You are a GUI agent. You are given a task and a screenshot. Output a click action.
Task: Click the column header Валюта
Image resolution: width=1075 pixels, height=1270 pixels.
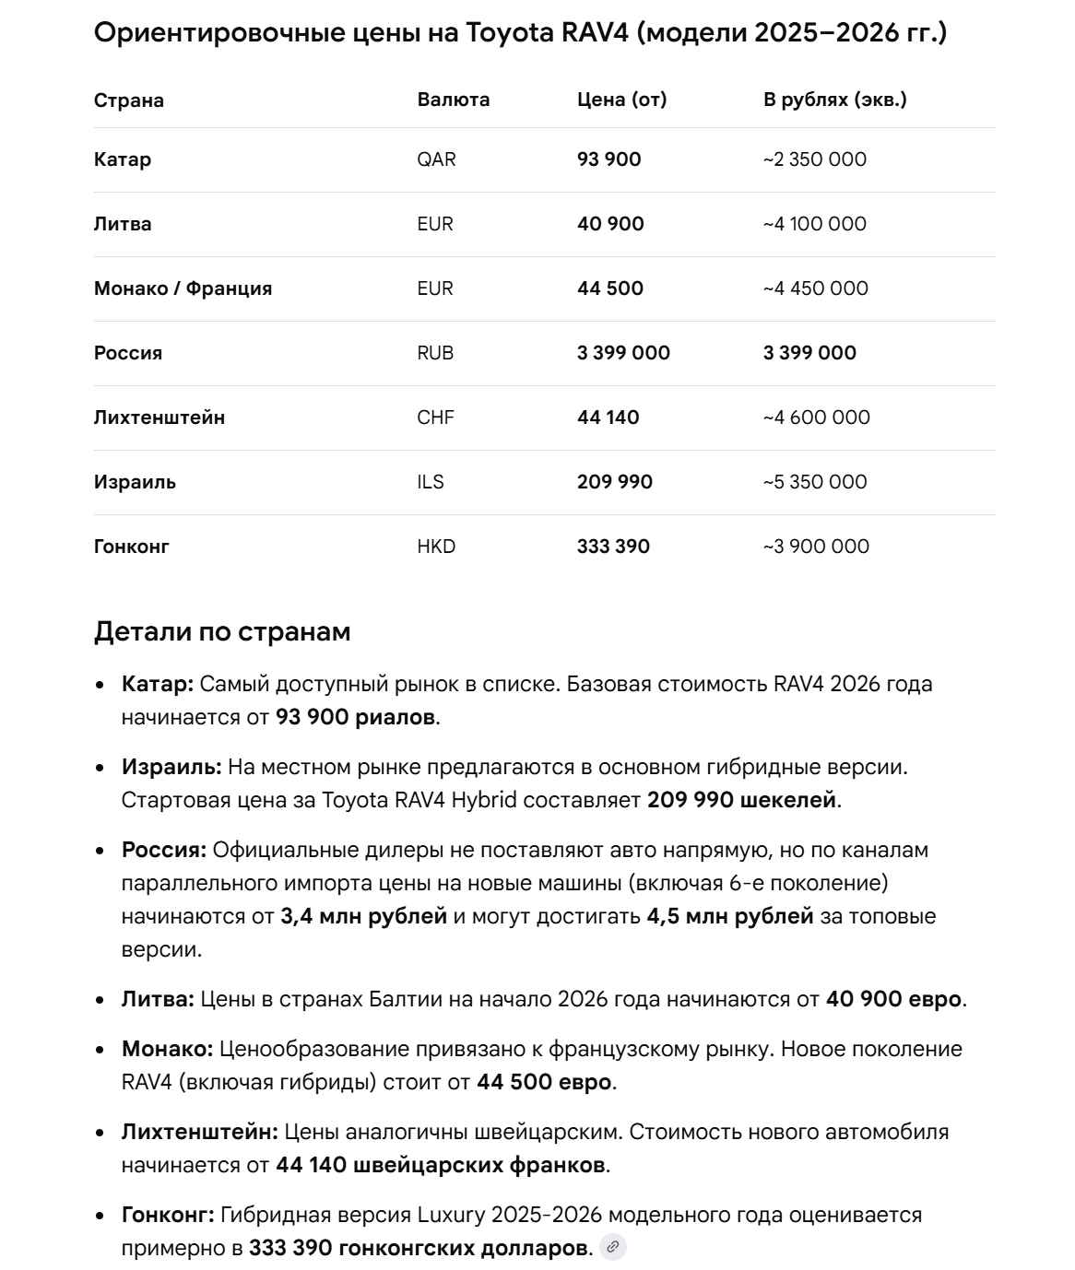point(453,100)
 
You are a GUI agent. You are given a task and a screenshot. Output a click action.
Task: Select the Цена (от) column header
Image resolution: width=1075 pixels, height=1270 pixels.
point(621,100)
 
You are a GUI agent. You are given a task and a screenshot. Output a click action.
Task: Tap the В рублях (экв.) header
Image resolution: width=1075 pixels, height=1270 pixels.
point(834,100)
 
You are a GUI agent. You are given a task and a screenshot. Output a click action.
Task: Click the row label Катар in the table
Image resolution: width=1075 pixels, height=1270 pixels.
point(123,159)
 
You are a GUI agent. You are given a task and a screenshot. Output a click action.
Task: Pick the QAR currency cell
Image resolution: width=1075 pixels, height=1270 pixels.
point(436,159)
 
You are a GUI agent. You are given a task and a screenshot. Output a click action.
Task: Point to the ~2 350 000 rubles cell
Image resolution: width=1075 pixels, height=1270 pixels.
point(814,159)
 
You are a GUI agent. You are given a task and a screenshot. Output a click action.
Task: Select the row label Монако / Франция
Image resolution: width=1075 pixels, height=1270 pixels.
point(183,288)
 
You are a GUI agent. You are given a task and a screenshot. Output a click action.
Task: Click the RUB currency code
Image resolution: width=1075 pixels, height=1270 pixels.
point(435,353)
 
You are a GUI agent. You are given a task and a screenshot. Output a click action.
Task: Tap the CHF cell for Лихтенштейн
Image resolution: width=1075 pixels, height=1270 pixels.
point(435,417)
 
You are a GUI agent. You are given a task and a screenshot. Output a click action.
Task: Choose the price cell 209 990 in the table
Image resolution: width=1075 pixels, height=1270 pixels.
point(614,482)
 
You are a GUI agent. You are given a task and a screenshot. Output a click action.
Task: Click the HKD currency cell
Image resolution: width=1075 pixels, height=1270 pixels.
point(436,547)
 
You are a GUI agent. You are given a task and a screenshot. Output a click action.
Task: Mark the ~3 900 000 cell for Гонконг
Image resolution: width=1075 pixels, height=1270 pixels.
point(816,547)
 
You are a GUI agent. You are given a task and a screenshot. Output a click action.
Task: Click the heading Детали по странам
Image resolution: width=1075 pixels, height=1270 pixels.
point(222,632)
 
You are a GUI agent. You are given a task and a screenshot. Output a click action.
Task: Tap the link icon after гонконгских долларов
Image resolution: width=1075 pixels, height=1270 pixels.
point(612,1248)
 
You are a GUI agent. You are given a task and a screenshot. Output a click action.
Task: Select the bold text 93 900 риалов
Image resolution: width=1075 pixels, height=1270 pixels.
point(355,717)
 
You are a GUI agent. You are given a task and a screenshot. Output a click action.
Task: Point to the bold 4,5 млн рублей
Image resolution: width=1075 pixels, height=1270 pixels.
point(730,916)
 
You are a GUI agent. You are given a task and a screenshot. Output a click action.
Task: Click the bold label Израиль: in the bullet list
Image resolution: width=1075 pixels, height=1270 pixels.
point(171,767)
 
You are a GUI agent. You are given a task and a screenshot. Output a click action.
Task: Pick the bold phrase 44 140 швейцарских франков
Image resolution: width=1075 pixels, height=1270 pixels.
point(441,1165)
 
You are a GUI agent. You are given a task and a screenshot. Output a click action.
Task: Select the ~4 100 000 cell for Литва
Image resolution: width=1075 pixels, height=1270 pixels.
point(814,224)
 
